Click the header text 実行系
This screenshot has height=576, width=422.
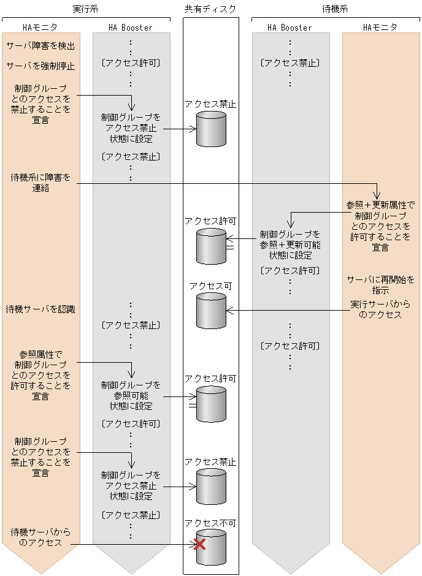[x=86, y=9]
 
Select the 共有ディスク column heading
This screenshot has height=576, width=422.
[x=210, y=9]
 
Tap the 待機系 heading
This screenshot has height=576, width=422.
[x=336, y=9]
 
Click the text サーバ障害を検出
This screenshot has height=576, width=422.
[x=40, y=46]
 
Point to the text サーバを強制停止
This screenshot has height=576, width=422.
[x=40, y=66]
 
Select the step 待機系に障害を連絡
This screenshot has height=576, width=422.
[x=40, y=183]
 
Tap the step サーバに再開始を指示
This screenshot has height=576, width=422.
[x=380, y=284]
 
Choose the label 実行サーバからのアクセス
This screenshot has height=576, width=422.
[x=380, y=309]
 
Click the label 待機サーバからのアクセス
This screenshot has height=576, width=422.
[x=40, y=537]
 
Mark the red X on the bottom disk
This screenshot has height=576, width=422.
[x=199, y=544]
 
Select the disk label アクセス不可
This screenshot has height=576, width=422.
[x=210, y=523]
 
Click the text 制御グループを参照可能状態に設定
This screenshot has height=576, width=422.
[x=131, y=395]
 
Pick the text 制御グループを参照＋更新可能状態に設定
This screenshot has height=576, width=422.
[x=290, y=244]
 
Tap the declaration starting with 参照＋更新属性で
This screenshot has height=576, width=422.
[x=380, y=226]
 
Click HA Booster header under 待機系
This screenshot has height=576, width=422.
[x=290, y=28]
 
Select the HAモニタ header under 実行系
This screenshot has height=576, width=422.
[x=40, y=28]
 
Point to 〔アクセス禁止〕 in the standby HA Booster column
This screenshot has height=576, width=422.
[x=290, y=63]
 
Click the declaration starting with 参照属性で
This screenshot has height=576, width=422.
[x=40, y=375]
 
